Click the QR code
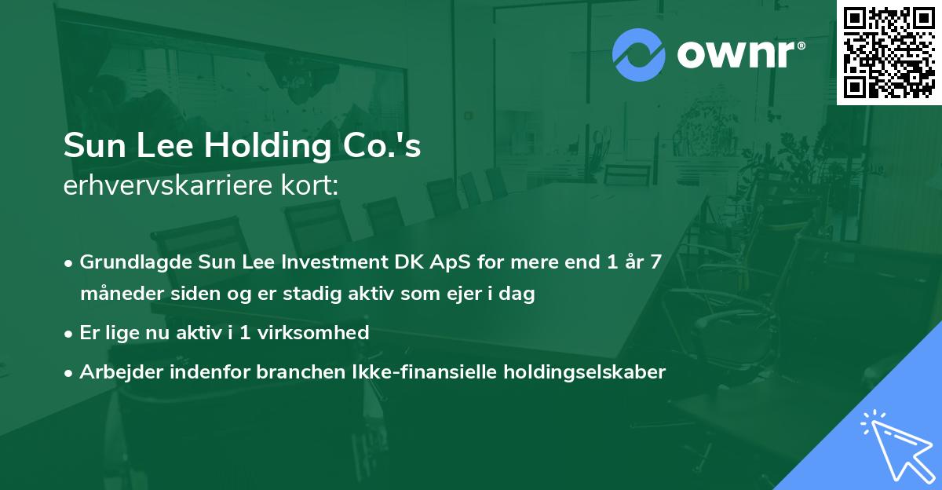889,53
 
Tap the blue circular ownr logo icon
639,54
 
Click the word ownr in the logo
740,54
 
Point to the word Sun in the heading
92,147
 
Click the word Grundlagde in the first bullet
130,262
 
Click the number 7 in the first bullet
655,262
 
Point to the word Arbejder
117,371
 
